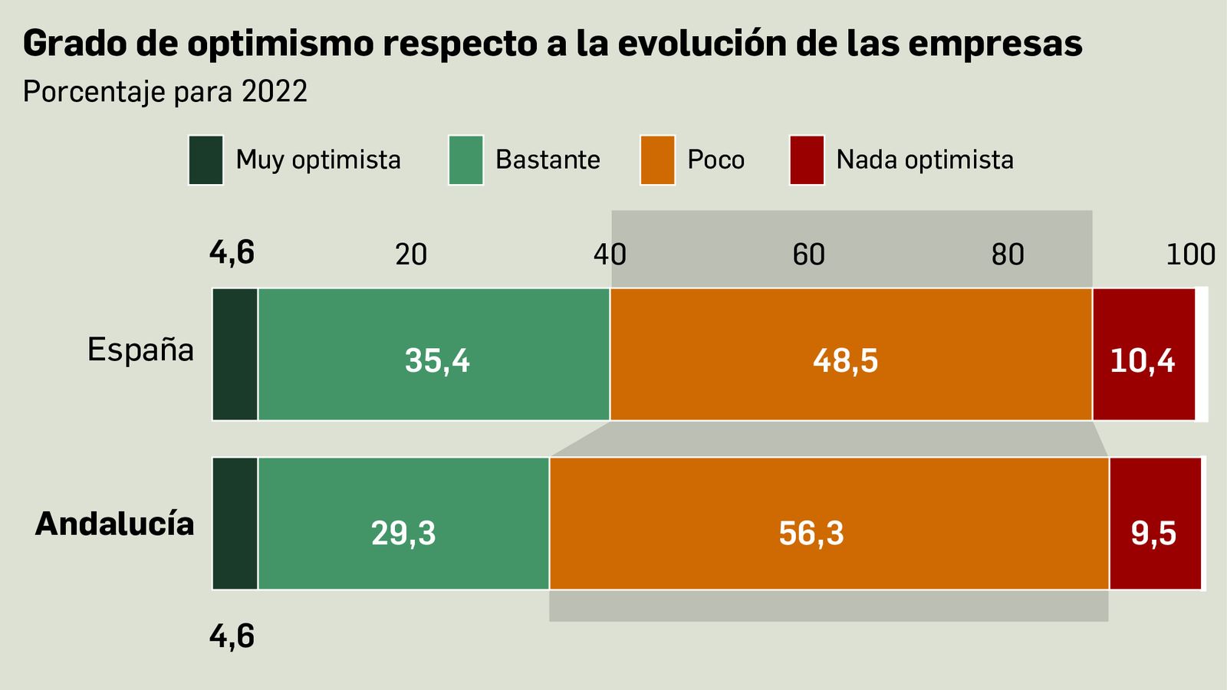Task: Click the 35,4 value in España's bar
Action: [x=437, y=360]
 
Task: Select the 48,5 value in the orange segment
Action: [x=845, y=360]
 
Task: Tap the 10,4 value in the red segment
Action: [x=1142, y=360]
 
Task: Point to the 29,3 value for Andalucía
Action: [x=403, y=533]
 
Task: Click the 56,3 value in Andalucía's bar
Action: [x=811, y=533]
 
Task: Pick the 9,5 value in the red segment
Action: [x=1153, y=533]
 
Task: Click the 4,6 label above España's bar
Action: [x=232, y=253]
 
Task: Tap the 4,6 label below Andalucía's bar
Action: [x=232, y=636]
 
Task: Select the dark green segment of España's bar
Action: [x=235, y=354]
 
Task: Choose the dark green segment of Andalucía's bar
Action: [x=235, y=524]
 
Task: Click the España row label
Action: [x=140, y=350]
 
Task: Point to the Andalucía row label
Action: [x=115, y=524]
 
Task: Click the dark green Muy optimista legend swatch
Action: [x=206, y=160]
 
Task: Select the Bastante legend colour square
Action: [x=465, y=160]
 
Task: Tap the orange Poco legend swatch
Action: [x=657, y=160]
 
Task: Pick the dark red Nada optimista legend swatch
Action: [x=807, y=160]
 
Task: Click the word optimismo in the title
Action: [x=281, y=44]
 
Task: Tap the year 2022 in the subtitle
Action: [x=275, y=92]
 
